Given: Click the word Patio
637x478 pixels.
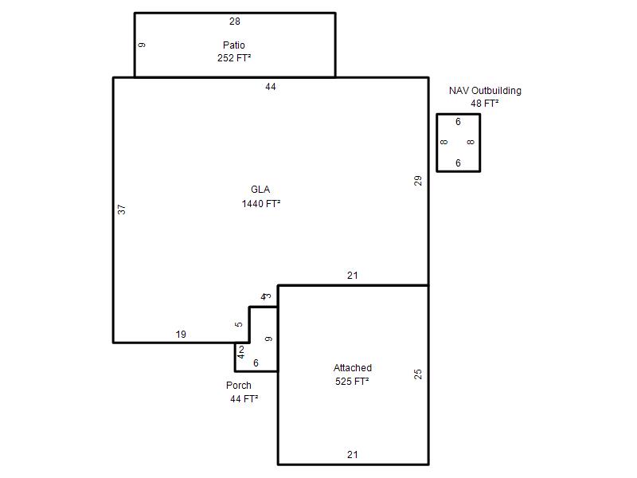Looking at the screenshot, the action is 234,45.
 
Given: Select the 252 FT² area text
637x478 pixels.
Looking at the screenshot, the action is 234,58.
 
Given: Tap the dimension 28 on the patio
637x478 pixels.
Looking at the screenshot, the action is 235,22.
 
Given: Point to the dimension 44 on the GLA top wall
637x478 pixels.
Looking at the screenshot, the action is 271,87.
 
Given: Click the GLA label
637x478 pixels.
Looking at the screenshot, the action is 260,190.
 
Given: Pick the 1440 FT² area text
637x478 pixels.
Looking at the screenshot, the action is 261,204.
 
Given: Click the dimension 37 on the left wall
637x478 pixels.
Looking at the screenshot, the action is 122,210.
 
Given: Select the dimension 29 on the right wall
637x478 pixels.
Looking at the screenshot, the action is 418,181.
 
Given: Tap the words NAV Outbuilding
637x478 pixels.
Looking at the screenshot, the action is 485,91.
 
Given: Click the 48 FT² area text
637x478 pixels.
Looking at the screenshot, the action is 485,104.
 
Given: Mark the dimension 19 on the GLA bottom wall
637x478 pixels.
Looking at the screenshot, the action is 181,335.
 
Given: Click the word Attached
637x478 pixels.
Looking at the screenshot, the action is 353,368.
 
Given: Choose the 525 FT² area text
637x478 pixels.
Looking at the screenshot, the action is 352,382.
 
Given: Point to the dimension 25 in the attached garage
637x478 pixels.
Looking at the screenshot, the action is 418,374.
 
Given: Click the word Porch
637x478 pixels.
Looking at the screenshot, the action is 239,386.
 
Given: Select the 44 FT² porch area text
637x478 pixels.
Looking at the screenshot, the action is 244,399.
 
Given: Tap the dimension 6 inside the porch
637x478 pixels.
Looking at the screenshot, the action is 256,363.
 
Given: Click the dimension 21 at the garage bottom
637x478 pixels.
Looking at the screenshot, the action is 353,454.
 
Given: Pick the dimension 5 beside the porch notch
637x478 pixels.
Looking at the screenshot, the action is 239,324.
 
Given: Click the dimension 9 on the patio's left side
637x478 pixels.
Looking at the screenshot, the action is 142,45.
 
